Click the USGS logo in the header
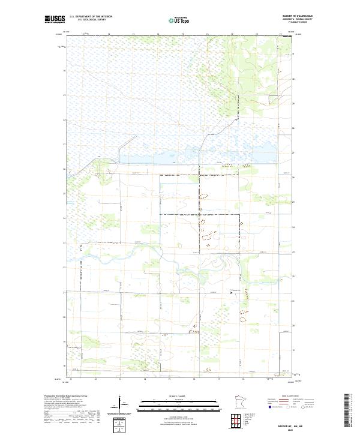pyautogui.click(x=56, y=20)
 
